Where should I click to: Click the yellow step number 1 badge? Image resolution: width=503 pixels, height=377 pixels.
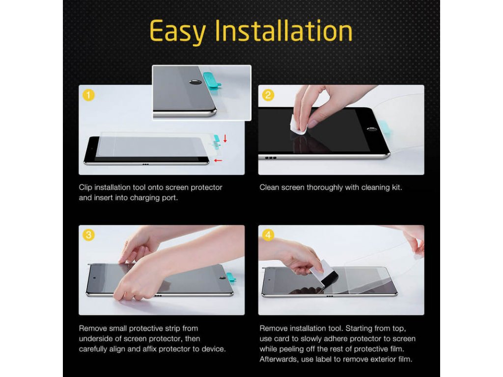pyautogui.click(x=88, y=95)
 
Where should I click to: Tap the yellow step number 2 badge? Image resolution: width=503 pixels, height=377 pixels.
pyautogui.click(x=268, y=95)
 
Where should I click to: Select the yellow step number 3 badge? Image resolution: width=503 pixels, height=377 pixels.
pyautogui.click(x=88, y=235)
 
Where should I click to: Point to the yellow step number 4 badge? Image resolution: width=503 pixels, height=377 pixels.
pyautogui.click(x=268, y=235)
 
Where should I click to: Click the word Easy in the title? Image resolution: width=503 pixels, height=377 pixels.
pyautogui.click(x=177, y=32)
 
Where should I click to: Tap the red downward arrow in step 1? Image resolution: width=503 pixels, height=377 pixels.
pyautogui.click(x=225, y=138)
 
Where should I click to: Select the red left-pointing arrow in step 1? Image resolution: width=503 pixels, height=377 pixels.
pyautogui.click(x=218, y=161)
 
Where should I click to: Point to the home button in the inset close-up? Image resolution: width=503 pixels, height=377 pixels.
pyautogui.click(x=195, y=82)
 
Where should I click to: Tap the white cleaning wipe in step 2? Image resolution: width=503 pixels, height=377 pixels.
pyautogui.click(x=298, y=125)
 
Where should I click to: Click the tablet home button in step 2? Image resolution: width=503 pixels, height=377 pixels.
pyautogui.click(x=372, y=129)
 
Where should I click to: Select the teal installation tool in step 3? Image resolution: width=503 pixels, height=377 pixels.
pyautogui.click(x=231, y=278)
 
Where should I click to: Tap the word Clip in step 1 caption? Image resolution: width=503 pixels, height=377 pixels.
pyautogui.click(x=85, y=188)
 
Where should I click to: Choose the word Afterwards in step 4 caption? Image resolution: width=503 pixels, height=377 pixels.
pyautogui.click(x=279, y=359)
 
